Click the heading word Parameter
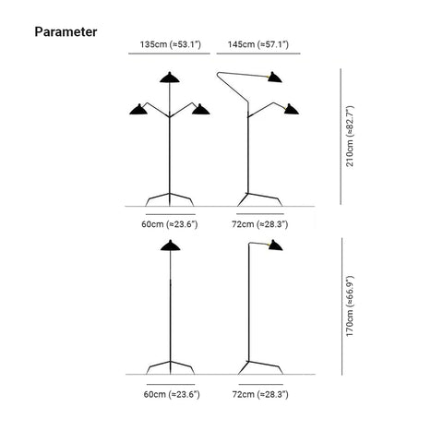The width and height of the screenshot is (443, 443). coord(66,31)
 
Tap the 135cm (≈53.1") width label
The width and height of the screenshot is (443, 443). coord(171,44)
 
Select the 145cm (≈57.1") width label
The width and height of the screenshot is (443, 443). coord(258,44)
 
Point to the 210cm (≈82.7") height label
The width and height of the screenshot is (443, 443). coord(350,136)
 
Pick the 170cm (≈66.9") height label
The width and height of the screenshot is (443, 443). coord(350,306)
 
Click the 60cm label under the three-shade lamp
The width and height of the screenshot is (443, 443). coord(170,224)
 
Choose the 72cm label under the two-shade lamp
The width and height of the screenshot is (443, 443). coord(260,224)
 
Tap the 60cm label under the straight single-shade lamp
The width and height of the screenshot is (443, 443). coord(172,394)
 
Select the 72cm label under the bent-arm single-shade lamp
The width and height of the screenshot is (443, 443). coord(260,394)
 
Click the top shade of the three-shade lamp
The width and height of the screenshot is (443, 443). coord(170,78)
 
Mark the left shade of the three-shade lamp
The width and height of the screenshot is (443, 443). coord(138,110)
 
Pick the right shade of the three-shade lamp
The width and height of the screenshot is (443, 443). coord(200,110)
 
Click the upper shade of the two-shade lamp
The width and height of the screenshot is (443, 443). coord(275,78)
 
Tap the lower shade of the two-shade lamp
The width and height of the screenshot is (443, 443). coord(291,110)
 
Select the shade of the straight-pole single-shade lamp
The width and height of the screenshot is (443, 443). coord(171,246)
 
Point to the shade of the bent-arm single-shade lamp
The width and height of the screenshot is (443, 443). coord(275,245)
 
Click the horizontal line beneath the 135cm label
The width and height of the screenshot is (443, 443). coord(169,54)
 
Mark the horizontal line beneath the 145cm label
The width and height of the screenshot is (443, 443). coord(258,54)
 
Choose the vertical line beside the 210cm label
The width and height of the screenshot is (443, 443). coord(341,137)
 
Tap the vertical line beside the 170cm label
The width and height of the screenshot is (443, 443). coord(341,306)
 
